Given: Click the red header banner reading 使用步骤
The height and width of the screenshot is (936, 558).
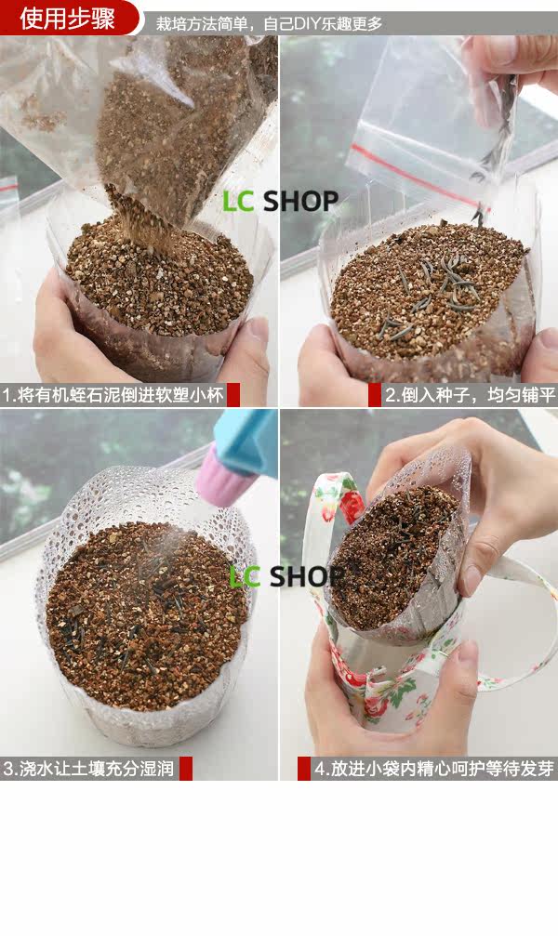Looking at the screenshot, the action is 69,18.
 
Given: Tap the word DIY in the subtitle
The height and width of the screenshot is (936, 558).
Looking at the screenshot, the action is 307,24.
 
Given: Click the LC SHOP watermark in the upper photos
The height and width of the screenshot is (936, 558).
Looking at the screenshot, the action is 280,201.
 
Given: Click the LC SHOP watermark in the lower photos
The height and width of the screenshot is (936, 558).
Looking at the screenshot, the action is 286,576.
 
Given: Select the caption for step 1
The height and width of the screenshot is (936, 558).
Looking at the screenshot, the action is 113,395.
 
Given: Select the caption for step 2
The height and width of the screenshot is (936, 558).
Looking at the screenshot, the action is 471,395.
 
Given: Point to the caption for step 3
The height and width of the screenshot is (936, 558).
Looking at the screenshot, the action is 88,769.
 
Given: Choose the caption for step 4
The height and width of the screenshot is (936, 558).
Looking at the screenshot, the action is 434,769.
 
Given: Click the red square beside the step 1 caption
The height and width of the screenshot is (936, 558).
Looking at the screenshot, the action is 233,395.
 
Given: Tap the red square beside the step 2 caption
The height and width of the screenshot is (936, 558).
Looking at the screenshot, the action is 375,395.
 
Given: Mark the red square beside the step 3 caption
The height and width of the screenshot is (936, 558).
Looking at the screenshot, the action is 186,769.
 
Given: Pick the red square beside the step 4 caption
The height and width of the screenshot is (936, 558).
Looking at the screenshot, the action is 304,769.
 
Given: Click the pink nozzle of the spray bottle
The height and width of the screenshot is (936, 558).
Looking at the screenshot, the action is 218,476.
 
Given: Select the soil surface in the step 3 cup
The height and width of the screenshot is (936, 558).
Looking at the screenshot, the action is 146,614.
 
